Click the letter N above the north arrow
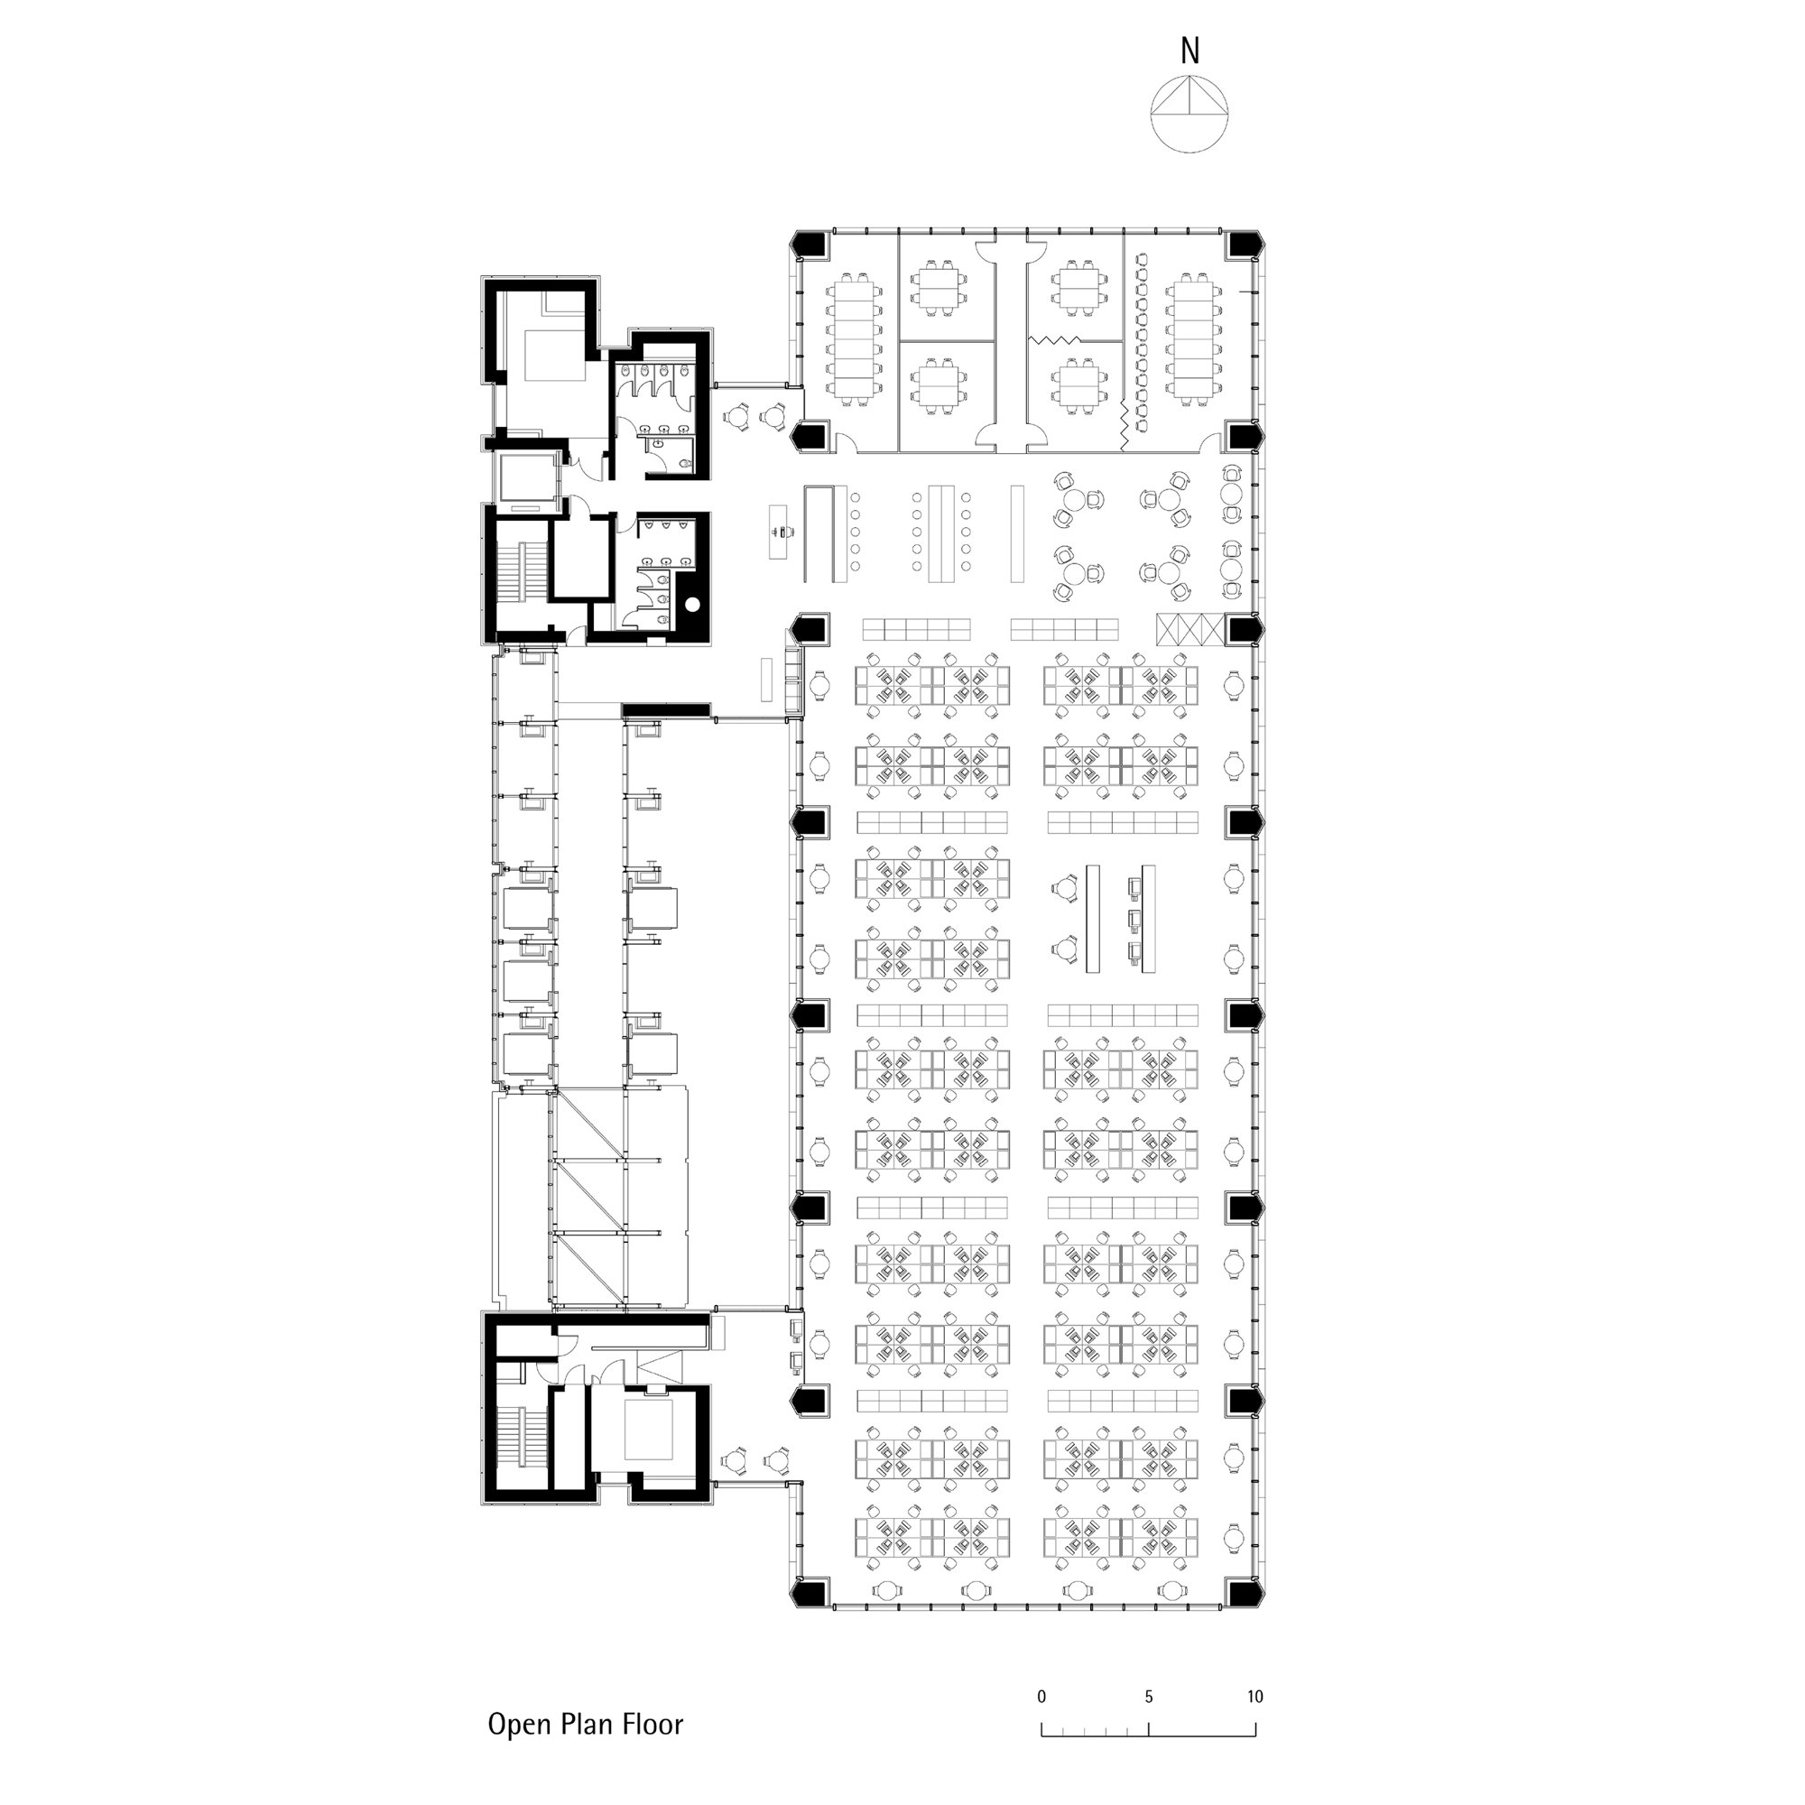(x=1189, y=51)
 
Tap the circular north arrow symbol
(x=1189, y=113)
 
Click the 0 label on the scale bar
(x=1041, y=1697)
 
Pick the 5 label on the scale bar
(x=1149, y=1697)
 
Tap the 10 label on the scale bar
(x=1254, y=1697)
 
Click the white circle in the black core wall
(x=692, y=605)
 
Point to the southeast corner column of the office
(x=1245, y=1592)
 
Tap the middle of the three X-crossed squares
(x=1189, y=629)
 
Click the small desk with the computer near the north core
(x=778, y=532)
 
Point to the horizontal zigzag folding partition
(x=1056, y=340)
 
